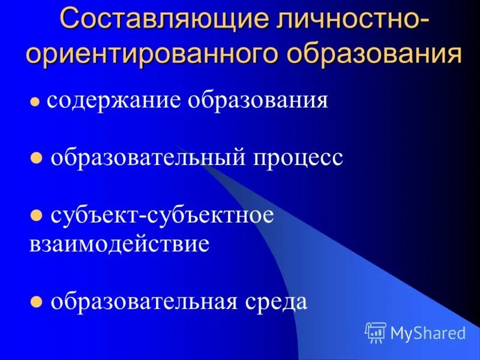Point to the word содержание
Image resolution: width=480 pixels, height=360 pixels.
[x=115, y=101]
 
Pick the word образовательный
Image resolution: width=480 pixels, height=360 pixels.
[x=148, y=158]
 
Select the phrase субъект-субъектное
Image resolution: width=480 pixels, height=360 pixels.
[x=162, y=215]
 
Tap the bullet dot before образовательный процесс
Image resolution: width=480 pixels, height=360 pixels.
[x=36, y=159]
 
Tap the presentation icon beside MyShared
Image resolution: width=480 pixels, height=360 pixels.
[x=376, y=332]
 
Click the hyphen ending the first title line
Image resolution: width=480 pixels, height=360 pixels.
[x=424, y=22]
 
